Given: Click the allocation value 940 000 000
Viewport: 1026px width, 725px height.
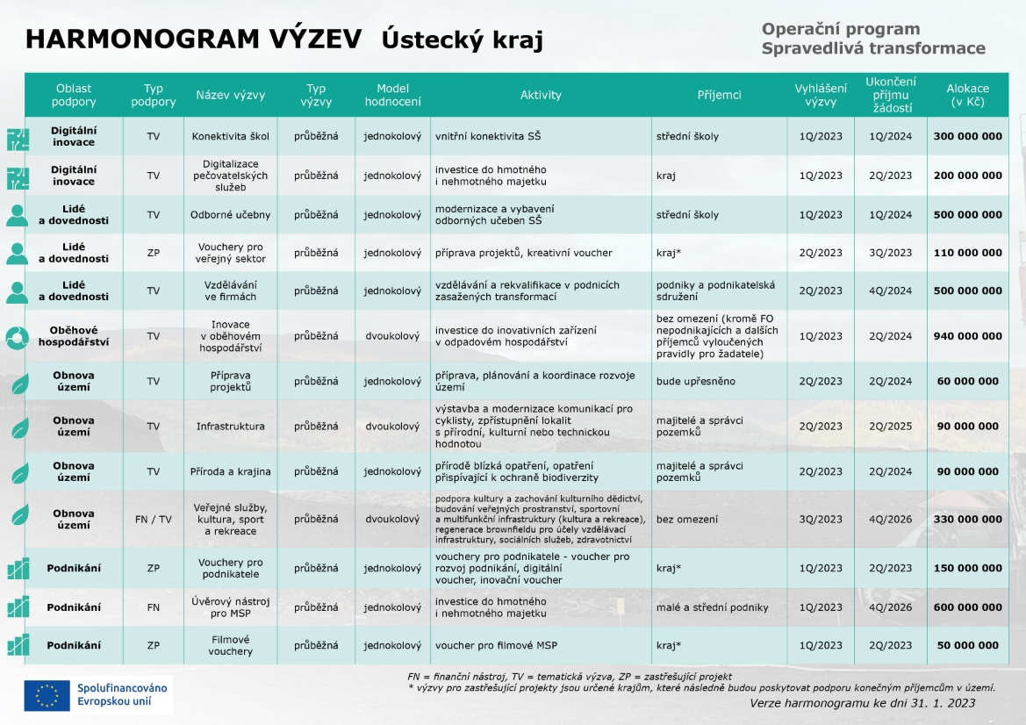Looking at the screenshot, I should (x=967, y=336).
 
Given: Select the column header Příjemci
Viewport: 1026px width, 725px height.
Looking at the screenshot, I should (x=719, y=95).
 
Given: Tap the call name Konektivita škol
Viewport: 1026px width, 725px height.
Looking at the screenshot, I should (x=230, y=136).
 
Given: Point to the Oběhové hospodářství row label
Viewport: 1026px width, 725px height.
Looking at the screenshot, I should (x=73, y=336).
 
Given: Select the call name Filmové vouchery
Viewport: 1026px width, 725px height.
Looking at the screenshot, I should (x=230, y=646).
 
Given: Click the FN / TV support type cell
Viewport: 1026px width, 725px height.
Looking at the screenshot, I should (x=153, y=519).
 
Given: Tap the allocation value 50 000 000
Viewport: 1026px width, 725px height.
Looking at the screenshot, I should (x=967, y=646).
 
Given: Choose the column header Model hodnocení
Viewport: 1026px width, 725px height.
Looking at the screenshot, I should (x=392, y=95).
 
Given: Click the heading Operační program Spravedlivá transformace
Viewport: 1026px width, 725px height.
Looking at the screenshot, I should (x=872, y=39).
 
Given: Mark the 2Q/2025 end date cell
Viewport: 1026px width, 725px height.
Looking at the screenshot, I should (x=890, y=427).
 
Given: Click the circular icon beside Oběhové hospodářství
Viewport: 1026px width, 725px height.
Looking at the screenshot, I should (x=18, y=336).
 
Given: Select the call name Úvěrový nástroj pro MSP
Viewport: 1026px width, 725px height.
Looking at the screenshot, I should (x=230, y=607).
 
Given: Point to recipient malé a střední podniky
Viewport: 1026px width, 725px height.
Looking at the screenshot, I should (x=712, y=607).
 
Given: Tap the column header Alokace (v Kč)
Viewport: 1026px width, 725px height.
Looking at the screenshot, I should (x=967, y=95).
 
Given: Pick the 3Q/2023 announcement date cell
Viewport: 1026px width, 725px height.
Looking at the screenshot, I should (x=821, y=519).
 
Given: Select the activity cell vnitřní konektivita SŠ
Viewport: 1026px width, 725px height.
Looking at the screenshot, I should (x=488, y=136).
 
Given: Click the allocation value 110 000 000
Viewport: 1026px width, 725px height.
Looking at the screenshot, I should (x=967, y=253).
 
